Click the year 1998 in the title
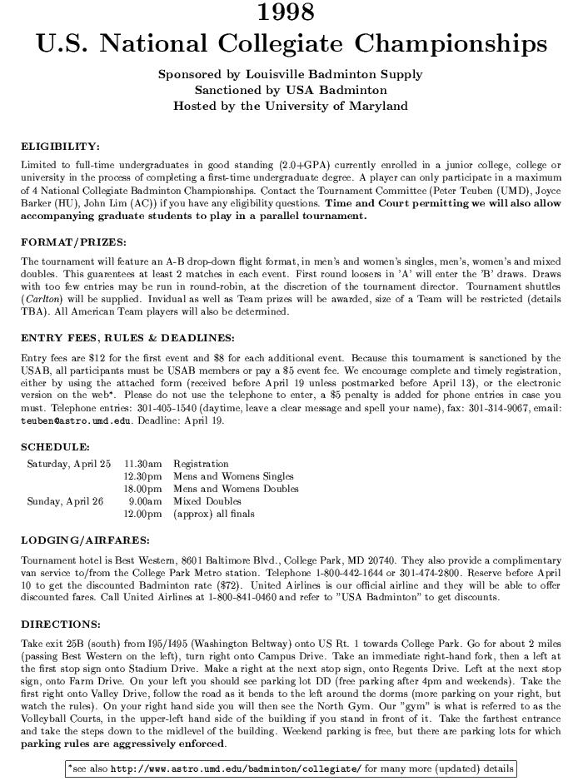(x=286, y=13)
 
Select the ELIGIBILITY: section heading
(x=60, y=147)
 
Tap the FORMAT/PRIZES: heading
(x=73, y=242)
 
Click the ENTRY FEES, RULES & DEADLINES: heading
(x=127, y=338)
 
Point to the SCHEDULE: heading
(x=55, y=446)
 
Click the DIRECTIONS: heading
(x=60, y=624)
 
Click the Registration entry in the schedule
(x=201, y=464)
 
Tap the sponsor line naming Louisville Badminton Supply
(x=290, y=74)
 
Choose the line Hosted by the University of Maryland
(x=290, y=106)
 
